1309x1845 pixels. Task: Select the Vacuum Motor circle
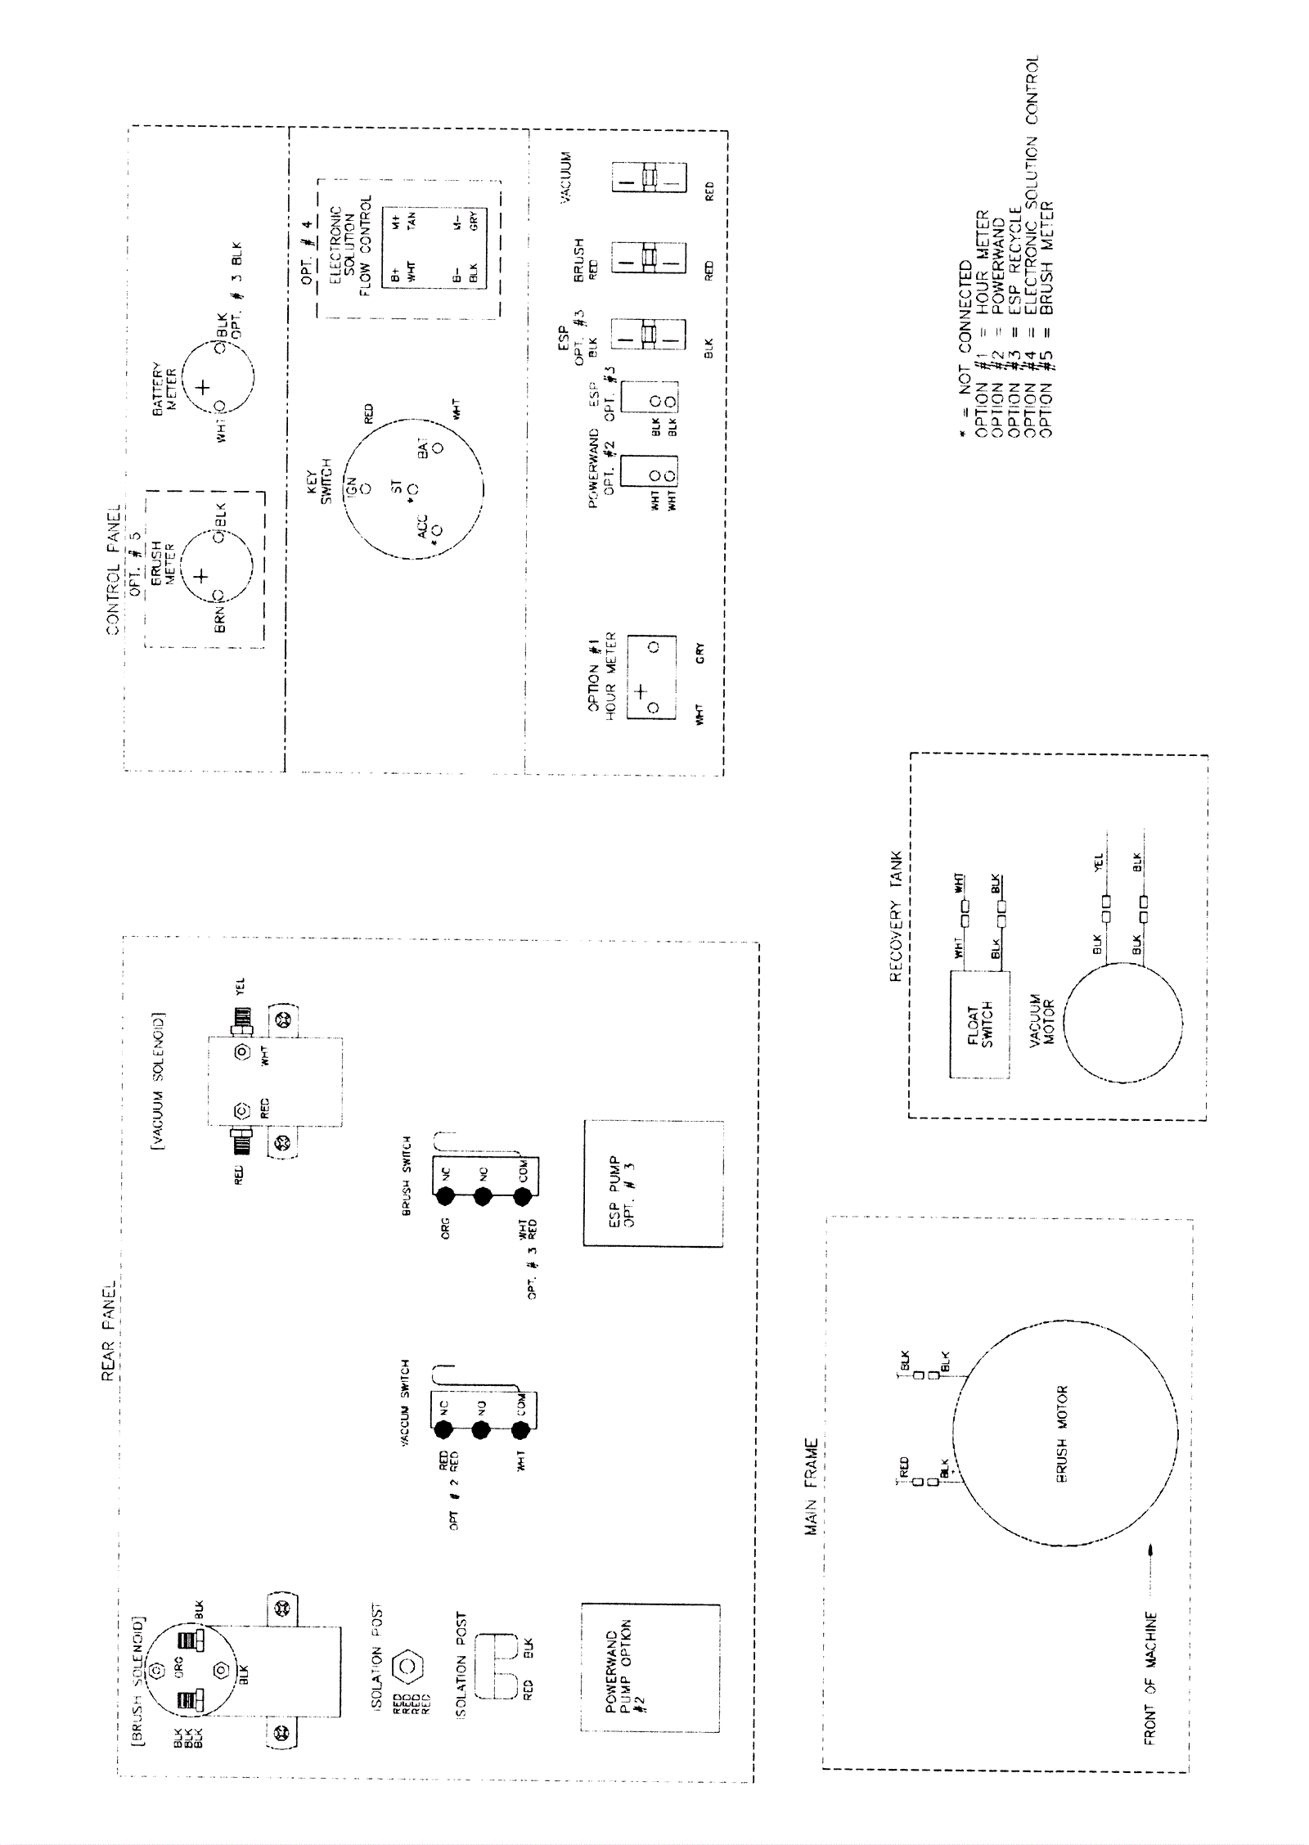click(1123, 1023)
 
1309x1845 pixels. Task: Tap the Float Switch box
click(979, 1024)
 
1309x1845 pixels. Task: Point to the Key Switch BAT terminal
click(438, 448)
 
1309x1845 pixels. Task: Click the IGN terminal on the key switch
click(366, 488)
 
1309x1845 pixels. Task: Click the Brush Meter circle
click(218, 566)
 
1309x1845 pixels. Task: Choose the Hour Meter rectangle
click(651, 677)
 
